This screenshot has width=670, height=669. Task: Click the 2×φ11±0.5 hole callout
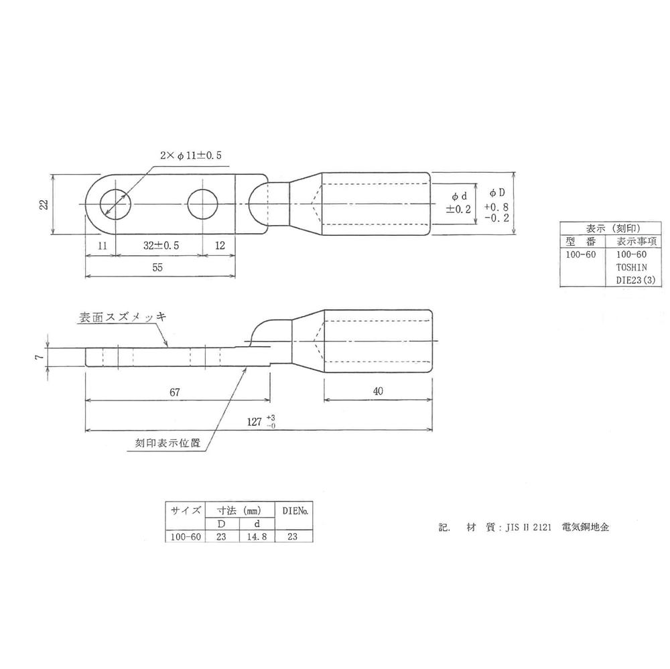pos(190,155)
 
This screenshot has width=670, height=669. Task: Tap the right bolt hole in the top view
pos(203,204)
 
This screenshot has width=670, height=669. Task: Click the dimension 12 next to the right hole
pos(219,246)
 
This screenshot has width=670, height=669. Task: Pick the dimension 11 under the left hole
pos(100,246)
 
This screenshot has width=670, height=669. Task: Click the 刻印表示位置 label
pos(167,443)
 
